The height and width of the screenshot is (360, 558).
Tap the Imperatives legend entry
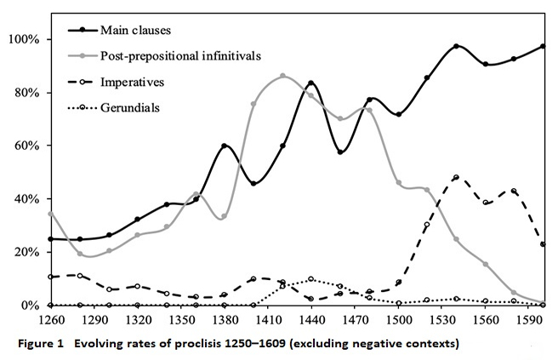[132, 83]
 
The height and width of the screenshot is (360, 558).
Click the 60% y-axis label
[26, 146]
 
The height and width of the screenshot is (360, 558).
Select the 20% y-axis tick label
[26, 252]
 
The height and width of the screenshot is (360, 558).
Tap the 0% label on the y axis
[29, 306]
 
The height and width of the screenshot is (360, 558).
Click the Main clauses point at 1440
[311, 83]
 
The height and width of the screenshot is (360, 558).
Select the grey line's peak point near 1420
[282, 76]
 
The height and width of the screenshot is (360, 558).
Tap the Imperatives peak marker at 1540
[457, 177]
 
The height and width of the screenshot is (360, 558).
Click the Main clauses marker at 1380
[225, 146]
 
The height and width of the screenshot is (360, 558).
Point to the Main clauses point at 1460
[340, 152]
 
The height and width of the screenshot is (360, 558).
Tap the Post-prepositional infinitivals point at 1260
[51, 214]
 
